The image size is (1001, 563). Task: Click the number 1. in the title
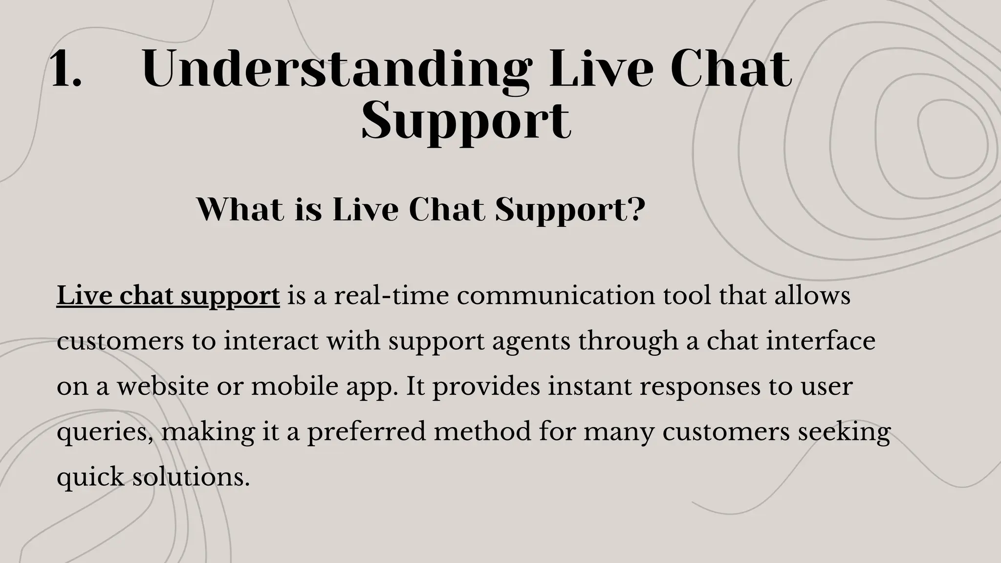[66, 70]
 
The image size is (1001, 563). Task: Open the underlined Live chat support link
[168, 296]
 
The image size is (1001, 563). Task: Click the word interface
[821, 341]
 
